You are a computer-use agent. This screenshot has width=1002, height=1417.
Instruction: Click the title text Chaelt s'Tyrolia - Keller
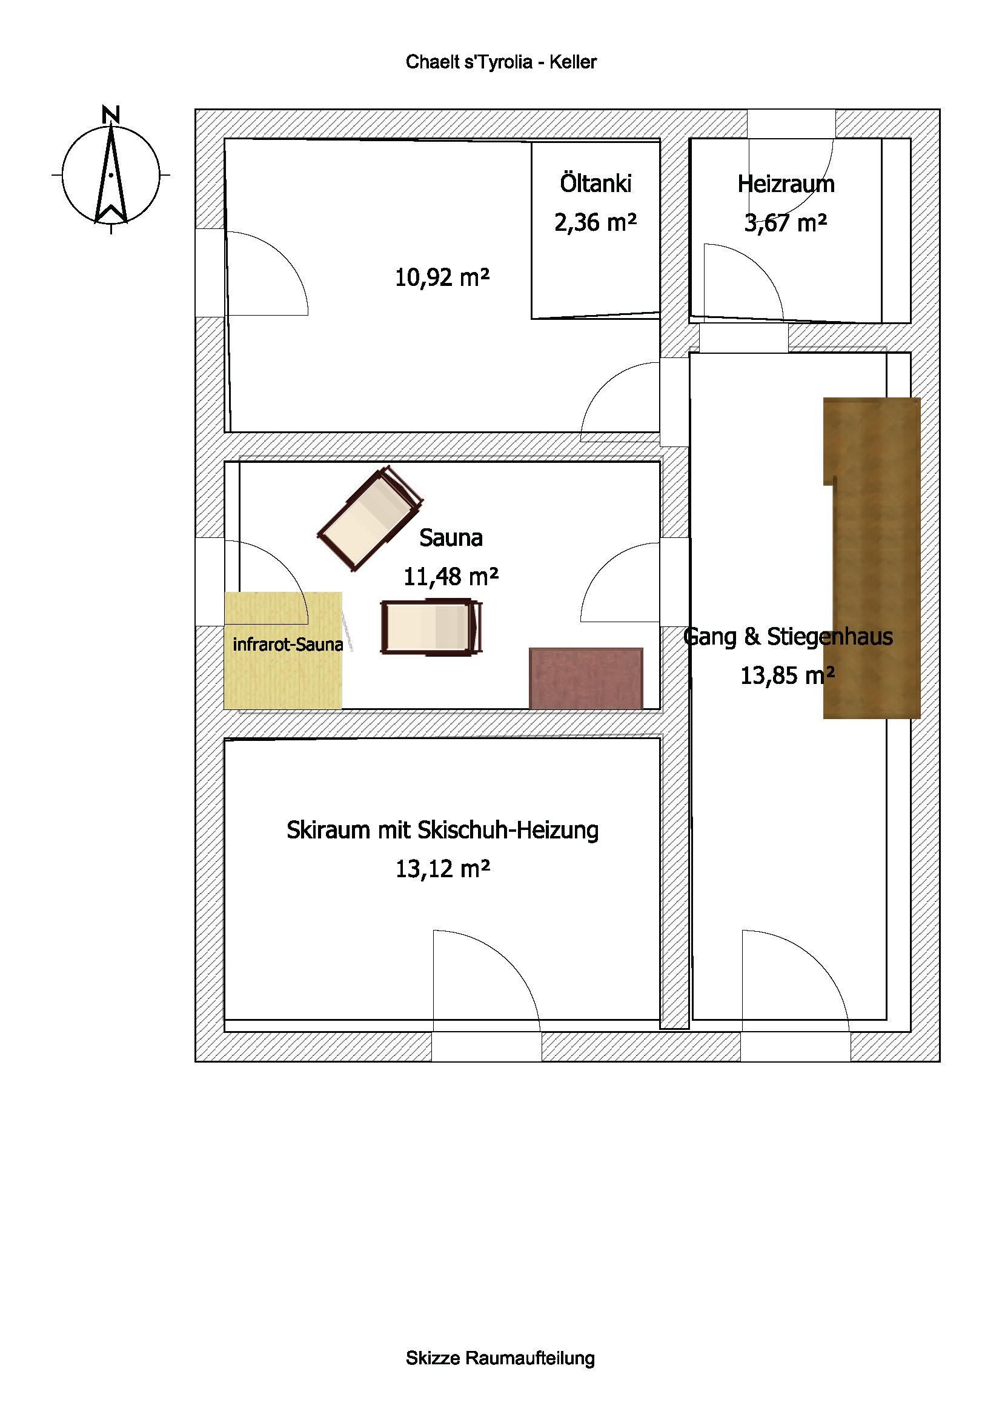(501, 62)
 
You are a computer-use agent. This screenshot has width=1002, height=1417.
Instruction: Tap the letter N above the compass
(111, 114)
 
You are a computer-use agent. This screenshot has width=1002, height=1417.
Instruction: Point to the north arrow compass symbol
(111, 174)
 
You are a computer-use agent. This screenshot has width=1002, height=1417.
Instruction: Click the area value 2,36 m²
(596, 222)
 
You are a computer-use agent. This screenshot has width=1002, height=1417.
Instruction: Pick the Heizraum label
(786, 184)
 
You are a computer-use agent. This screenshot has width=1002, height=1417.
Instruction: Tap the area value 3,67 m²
(786, 223)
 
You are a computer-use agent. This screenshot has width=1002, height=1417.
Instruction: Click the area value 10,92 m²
(442, 277)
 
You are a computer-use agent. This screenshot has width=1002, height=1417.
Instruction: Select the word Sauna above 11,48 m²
(451, 537)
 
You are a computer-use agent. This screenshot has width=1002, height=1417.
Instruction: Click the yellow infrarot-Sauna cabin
(283, 650)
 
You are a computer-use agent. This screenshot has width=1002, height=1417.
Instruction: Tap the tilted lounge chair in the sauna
(371, 519)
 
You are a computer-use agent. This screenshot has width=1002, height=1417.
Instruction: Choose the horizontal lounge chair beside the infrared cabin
(431, 626)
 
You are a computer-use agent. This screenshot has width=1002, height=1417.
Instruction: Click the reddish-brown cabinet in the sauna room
(586, 678)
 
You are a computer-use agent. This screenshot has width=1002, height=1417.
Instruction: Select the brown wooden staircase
(872, 558)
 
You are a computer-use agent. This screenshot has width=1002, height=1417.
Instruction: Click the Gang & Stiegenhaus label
(789, 636)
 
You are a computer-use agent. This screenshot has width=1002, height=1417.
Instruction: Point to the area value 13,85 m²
(788, 676)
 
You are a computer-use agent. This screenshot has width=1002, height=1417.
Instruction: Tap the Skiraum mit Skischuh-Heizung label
(442, 831)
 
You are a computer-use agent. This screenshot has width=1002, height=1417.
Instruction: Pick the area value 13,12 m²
(442, 869)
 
